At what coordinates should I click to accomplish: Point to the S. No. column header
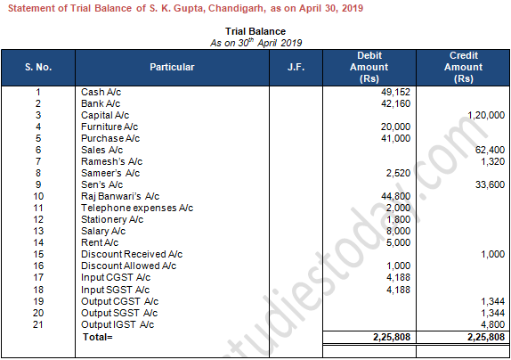[38, 67]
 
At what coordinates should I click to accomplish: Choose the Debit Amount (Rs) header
[369, 67]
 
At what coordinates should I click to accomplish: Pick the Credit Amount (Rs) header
[464, 67]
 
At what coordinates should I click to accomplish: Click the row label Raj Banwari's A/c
[120, 196]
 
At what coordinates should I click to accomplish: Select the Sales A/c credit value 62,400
[489, 150]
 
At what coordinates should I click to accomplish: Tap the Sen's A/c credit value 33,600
[489, 184]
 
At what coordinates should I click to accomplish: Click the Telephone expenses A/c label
[131, 208]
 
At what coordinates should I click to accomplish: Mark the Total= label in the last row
[98, 337]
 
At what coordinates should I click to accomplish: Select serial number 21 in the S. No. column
[38, 324]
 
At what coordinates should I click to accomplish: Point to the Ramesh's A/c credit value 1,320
[491, 161]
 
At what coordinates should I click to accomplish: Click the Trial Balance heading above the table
[255, 31]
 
